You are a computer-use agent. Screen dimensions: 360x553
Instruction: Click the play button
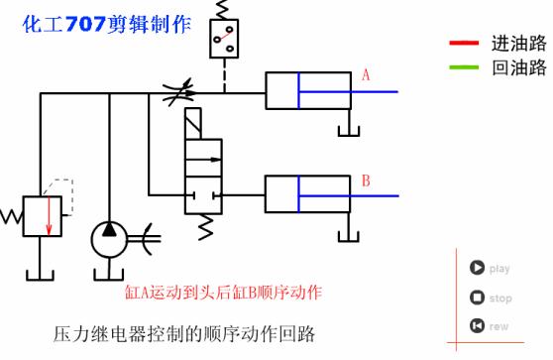click(477, 267)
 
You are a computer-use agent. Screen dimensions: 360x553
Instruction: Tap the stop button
click(477, 297)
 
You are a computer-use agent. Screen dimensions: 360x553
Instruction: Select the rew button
click(477, 325)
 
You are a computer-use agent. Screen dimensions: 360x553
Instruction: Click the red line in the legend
click(463, 44)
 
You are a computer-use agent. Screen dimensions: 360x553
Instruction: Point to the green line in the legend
click(463, 67)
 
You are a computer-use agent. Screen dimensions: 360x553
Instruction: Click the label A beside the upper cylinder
click(366, 74)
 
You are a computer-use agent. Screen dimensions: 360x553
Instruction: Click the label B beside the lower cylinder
click(366, 180)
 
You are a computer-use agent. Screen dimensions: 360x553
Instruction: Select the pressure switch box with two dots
click(226, 38)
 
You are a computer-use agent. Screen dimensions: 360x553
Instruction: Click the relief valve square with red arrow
click(43, 216)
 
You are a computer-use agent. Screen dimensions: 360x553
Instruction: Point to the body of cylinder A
click(307, 90)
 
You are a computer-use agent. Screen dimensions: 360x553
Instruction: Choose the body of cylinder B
click(307, 193)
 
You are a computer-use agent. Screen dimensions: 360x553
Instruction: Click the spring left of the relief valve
click(11, 215)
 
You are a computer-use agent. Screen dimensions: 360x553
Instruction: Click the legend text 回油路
click(518, 67)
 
